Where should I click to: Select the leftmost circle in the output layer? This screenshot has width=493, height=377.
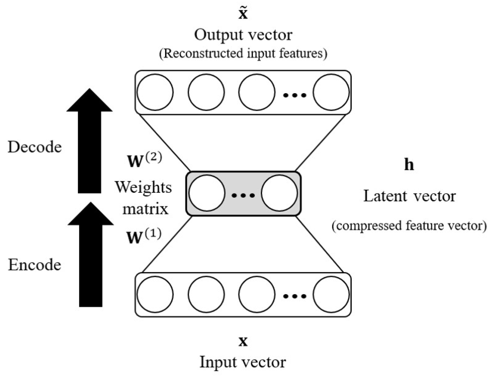[x=155, y=92]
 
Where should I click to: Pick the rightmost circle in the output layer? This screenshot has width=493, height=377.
[x=331, y=92]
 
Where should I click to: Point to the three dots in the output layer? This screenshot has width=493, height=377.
[x=295, y=95]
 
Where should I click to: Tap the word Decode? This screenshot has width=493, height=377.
[x=35, y=147]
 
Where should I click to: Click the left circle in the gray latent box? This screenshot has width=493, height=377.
[x=207, y=193]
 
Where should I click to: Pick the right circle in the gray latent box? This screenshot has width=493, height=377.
[x=279, y=193]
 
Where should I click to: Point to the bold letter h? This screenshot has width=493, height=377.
[x=409, y=165]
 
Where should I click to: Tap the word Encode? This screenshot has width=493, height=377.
[x=35, y=265]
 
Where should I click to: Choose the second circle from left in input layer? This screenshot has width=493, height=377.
[x=206, y=294]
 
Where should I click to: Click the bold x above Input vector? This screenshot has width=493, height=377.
[x=243, y=341]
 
